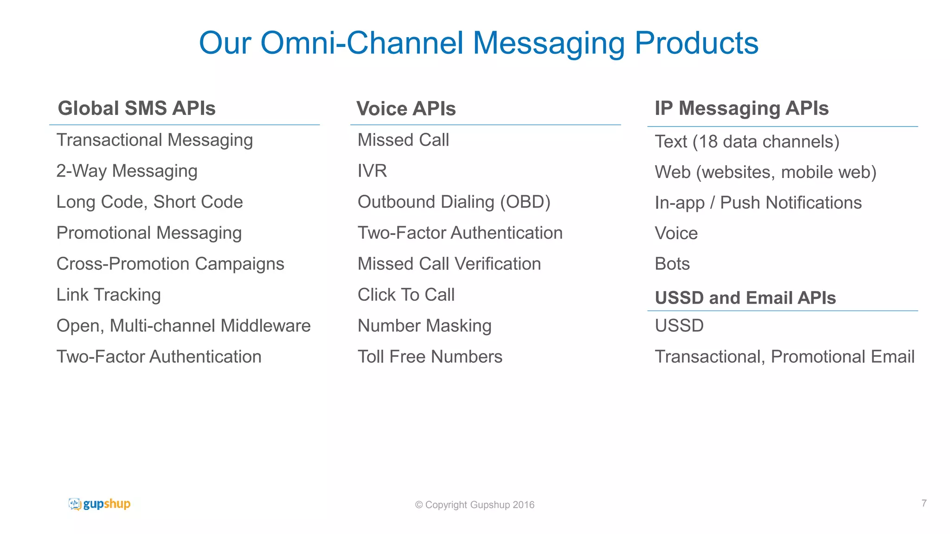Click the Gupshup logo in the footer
click(x=99, y=504)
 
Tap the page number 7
click(x=924, y=503)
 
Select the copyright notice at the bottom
click(x=475, y=505)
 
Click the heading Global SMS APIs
click(x=136, y=108)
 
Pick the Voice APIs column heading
click(x=406, y=109)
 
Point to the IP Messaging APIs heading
click(x=741, y=108)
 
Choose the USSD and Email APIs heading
click(x=745, y=298)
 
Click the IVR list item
click(x=372, y=171)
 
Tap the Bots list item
click(x=672, y=264)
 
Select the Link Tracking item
click(x=109, y=295)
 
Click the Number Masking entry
click(x=424, y=326)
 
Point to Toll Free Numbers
click(x=430, y=357)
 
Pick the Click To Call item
click(x=406, y=295)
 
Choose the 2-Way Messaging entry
click(x=127, y=171)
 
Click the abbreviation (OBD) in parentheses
click(x=525, y=202)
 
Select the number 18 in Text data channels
click(x=708, y=142)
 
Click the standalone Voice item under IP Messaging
click(x=676, y=233)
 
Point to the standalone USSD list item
click(x=679, y=326)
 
